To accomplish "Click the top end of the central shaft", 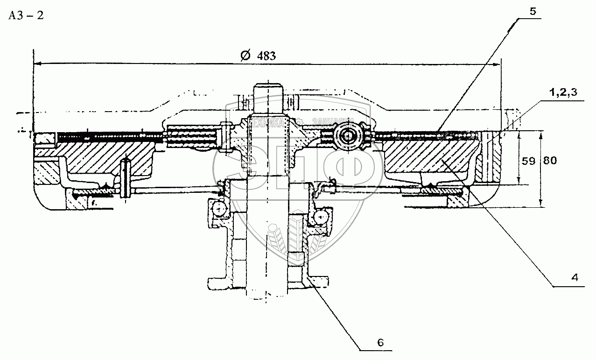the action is pos(268,86).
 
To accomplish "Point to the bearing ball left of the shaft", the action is pos(218,209).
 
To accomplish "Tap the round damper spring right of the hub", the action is pos(348,137).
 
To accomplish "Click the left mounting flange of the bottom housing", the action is pos(217,282).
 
